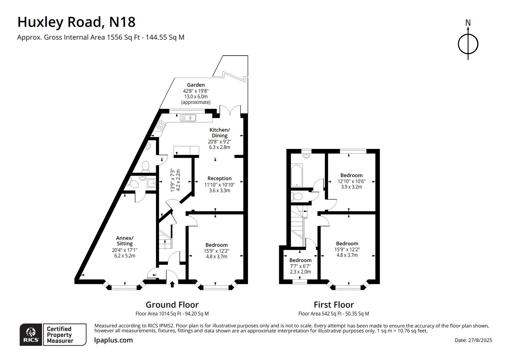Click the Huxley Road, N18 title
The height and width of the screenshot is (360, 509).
click(x=76, y=22)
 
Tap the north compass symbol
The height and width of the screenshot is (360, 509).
click(x=468, y=43)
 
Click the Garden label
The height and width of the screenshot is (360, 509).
click(x=196, y=85)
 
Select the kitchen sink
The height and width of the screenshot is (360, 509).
click(x=188, y=118)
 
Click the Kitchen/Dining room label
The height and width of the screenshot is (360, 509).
click(x=220, y=132)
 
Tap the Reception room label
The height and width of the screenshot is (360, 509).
click(x=219, y=178)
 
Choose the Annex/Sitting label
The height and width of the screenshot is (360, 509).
click(x=125, y=241)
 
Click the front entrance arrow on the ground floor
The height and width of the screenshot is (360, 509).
click(x=172, y=284)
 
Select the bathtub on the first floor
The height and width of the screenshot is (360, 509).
click(x=297, y=175)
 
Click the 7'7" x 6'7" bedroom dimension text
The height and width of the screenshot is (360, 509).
click(x=300, y=266)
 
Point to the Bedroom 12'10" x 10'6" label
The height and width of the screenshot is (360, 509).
click(x=351, y=175)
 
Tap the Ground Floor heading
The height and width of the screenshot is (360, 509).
click(x=172, y=305)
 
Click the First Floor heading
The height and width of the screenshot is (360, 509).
click(x=334, y=305)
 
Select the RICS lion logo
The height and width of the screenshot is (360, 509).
click(x=31, y=334)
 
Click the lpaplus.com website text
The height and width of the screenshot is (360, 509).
click(x=114, y=340)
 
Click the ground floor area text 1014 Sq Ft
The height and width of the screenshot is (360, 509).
click(x=172, y=314)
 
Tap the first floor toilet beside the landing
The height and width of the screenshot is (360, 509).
click(x=297, y=196)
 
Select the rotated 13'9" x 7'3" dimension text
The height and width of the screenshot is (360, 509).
click(x=175, y=180)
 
